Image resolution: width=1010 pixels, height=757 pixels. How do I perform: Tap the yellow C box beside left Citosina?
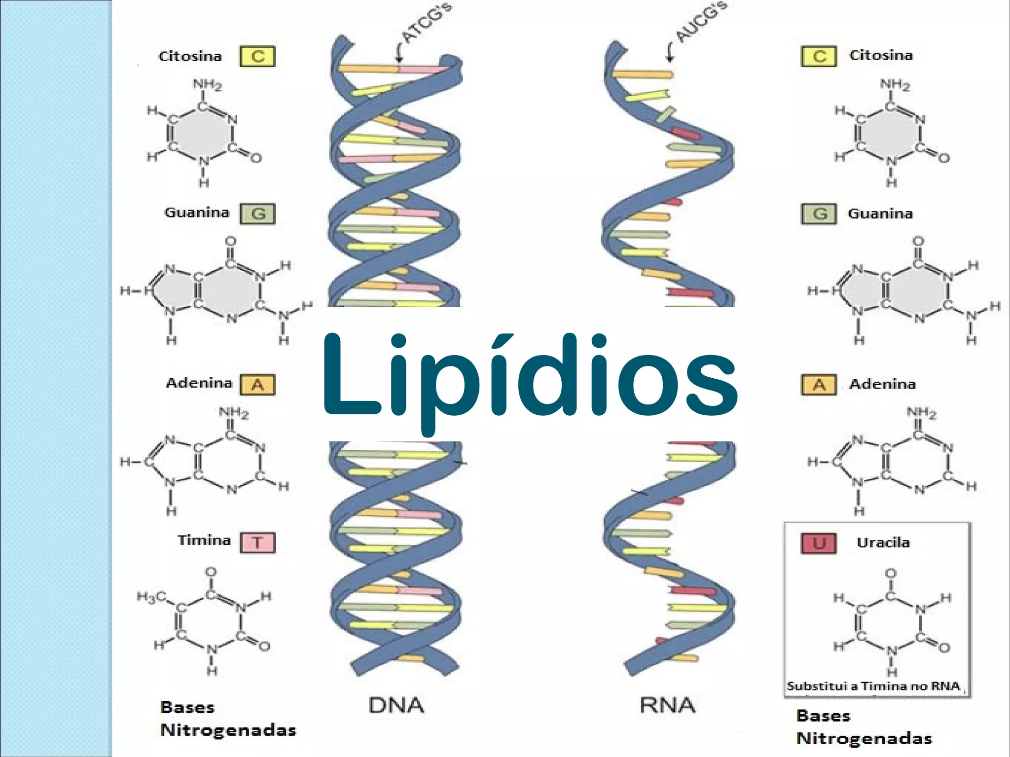pyautogui.click(x=257, y=56)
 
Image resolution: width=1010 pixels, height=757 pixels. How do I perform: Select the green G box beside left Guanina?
pyautogui.click(x=257, y=214)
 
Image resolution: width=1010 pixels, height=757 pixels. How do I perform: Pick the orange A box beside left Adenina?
pyautogui.click(x=257, y=385)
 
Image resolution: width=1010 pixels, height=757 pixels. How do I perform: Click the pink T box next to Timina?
pyautogui.click(x=257, y=542)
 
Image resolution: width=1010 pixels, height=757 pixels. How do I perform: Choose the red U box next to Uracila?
pyautogui.click(x=819, y=543)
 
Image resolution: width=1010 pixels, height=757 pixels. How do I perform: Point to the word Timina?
pyautogui.click(x=204, y=541)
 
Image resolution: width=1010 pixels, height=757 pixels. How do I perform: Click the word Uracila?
pyautogui.click(x=883, y=542)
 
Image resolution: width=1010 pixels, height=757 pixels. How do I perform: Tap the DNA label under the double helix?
pyautogui.click(x=396, y=705)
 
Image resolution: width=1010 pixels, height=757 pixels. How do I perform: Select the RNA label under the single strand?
pyautogui.click(x=667, y=705)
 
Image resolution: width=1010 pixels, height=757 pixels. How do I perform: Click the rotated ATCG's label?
pyautogui.click(x=426, y=22)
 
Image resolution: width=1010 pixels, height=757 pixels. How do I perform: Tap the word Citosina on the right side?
pyautogui.click(x=881, y=55)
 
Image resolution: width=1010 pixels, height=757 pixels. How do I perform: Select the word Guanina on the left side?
pyautogui.click(x=197, y=213)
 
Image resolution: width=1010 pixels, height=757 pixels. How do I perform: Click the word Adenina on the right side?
pyautogui.click(x=882, y=384)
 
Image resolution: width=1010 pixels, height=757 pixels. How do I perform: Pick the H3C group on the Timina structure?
pyautogui.click(x=151, y=597)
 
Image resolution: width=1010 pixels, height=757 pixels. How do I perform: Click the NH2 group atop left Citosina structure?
pyautogui.click(x=207, y=85)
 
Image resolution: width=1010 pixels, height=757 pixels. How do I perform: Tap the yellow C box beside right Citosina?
pyautogui.click(x=819, y=56)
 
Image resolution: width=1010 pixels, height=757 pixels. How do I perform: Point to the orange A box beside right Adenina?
pyautogui.click(x=819, y=385)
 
